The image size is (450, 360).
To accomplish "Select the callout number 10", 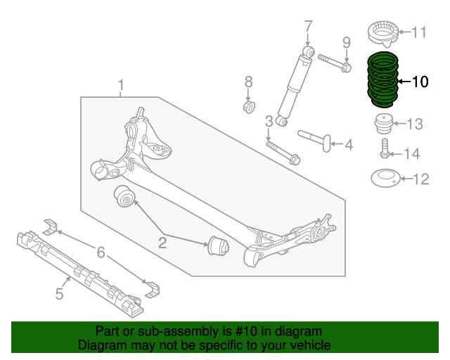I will pyautogui.click(x=419, y=82).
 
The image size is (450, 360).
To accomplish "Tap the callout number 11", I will pyautogui.click(x=419, y=32).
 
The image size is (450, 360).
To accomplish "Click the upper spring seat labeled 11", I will pyautogui.click(x=382, y=33).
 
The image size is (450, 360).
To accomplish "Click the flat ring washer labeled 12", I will pyautogui.click(x=384, y=179).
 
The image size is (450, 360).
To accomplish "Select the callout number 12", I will pyautogui.click(x=420, y=179).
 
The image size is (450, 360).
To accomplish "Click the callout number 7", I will pyautogui.click(x=307, y=27).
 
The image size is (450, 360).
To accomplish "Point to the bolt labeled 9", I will pyautogui.click(x=335, y=63).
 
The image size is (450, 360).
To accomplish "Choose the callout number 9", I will pyautogui.click(x=346, y=43).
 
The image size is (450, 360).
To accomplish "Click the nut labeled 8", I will pyautogui.click(x=248, y=107).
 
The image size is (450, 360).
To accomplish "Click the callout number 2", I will pyautogui.click(x=162, y=243).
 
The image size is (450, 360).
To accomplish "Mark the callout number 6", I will pyautogui.click(x=101, y=252).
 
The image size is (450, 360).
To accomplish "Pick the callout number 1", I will pyautogui.click(x=121, y=86).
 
